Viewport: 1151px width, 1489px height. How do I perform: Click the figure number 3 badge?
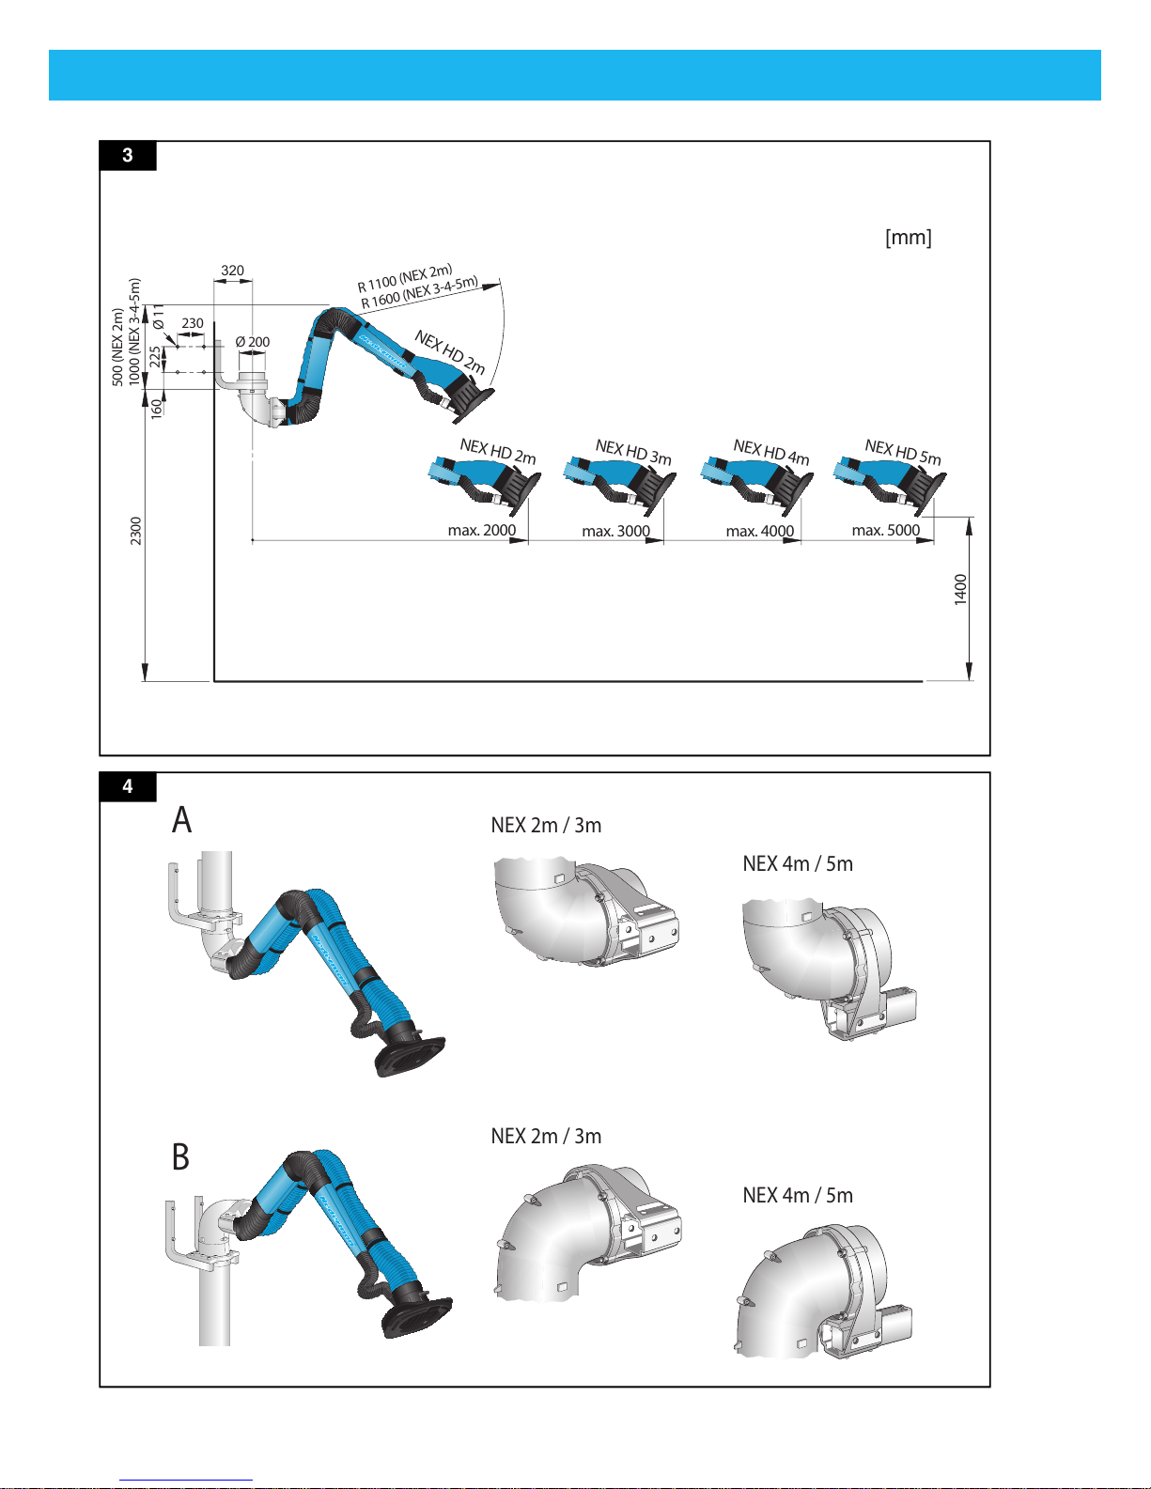[x=128, y=156]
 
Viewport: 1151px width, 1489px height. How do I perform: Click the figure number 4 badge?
[x=128, y=786]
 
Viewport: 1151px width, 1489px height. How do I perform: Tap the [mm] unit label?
[x=908, y=238]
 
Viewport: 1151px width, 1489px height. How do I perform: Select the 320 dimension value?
[x=232, y=271]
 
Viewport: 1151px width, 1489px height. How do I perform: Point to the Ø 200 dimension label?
[x=252, y=342]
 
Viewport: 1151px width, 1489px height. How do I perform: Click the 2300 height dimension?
[x=136, y=531]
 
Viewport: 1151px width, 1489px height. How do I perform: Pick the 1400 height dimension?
[x=960, y=590]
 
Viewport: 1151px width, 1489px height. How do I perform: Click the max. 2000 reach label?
[x=481, y=531]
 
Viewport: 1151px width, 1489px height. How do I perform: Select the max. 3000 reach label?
[x=615, y=532]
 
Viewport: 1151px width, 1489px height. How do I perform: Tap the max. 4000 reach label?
[x=759, y=532]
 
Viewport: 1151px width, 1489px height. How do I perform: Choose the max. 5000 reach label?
[x=885, y=531]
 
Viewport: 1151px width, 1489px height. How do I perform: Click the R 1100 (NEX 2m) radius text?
[x=405, y=277]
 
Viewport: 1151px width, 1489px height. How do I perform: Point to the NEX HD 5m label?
[x=902, y=452]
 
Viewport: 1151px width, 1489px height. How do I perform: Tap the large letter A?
[x=181, y=820]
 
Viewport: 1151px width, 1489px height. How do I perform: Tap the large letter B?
[x=180, y=1156]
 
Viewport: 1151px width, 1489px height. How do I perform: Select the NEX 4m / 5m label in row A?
[x=798, y=864]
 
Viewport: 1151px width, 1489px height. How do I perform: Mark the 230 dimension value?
[x=193, y=323]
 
